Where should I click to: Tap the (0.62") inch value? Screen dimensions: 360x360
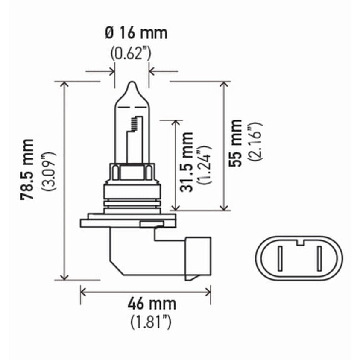click(131, 53)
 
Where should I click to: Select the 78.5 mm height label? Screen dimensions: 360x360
click(28, 170)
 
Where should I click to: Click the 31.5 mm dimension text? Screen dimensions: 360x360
click(187, 162)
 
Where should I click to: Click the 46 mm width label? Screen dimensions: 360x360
click(152, 304)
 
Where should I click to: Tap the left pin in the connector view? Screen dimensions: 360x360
click(279, 259)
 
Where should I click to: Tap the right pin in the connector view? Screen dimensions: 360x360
click(319, 259)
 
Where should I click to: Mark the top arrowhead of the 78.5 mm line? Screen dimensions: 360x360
click(64, 84)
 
